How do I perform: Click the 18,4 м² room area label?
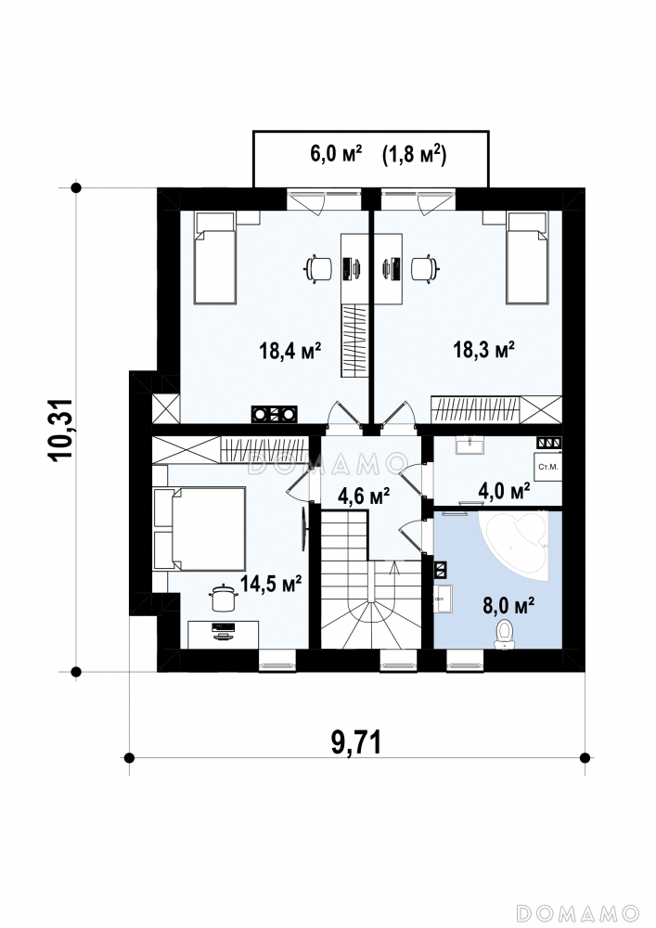coord(289,351)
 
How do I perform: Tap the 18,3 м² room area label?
coord(483,349)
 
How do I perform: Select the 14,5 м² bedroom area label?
coord(271,584)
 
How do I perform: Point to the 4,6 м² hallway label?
coord(363,496)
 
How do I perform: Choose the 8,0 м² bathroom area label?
coord(509,606)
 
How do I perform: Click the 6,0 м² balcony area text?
coord(336,154)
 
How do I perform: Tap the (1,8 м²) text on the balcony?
coord(414,154)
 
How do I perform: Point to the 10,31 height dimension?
coord(61,430)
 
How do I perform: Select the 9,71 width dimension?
coord(356,742)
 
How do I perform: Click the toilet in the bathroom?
coord(505,634)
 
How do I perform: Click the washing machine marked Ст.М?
coord(547,468)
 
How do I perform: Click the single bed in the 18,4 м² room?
coord(215,258)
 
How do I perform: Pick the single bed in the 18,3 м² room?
coord(527,258)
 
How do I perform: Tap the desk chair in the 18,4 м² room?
coord(319,269)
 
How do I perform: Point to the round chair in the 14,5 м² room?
coord(224,599)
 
